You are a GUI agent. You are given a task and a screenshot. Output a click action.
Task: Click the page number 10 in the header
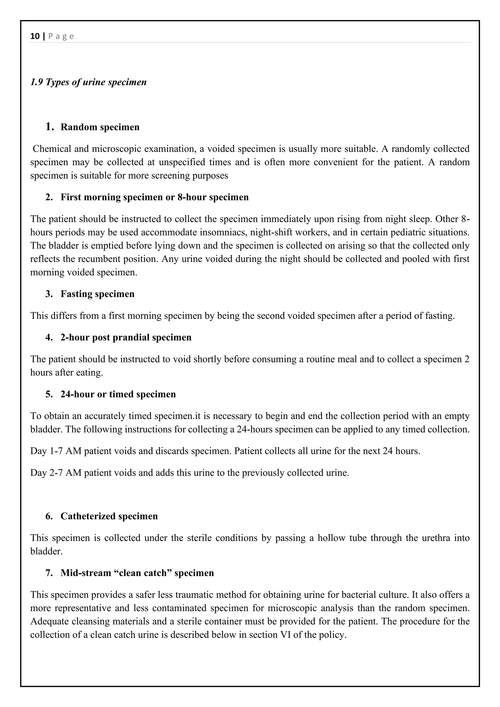(x=35, y=36)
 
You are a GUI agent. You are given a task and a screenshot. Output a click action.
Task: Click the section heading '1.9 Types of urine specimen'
(x=88, y=82)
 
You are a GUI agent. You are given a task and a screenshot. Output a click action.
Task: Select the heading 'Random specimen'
(x=100, y=127)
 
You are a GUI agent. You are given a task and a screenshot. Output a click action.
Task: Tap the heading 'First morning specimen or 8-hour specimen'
(x=154, y=197)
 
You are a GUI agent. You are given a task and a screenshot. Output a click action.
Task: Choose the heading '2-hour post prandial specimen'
(x=126, y=337)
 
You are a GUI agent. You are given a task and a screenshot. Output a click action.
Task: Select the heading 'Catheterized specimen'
(x=109, y=516)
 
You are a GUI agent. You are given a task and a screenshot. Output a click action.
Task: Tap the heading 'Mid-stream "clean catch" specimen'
(x=137, y=573)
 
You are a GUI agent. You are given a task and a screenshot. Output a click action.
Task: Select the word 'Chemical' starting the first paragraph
(x=52, y=149)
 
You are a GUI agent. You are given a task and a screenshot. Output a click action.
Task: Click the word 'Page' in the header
(x=61, y=36)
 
